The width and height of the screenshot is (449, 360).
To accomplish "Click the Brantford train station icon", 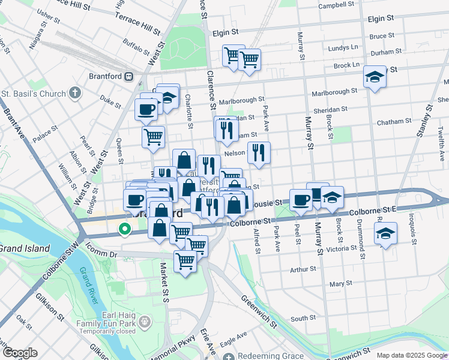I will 128,76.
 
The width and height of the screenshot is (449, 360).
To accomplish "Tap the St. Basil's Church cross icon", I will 74,93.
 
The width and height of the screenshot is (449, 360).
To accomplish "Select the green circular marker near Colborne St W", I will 125,229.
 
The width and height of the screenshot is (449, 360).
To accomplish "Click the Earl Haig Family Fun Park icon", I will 145,323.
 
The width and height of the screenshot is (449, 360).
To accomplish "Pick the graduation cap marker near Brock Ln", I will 375,77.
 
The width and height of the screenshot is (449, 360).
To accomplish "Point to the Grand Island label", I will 25,248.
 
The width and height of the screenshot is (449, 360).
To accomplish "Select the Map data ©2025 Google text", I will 411,355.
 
